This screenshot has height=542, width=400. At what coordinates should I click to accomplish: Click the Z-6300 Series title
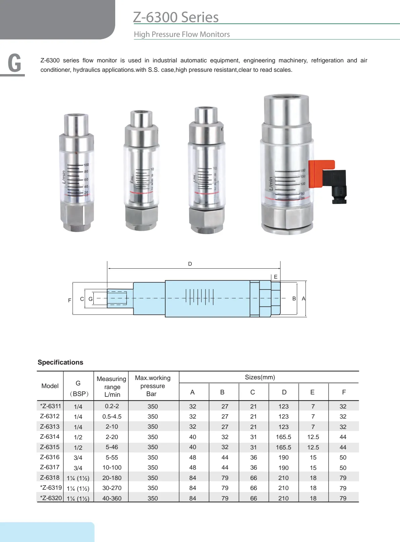pyautogui.click(x=176, y=17)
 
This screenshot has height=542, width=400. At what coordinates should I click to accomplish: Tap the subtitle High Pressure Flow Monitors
pyautogui.click(x=182, y=34)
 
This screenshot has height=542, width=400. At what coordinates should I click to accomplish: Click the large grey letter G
pyautogui.click(x=14, y=63)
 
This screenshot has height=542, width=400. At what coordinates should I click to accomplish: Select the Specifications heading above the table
pyautogui.click(x=60, y=362)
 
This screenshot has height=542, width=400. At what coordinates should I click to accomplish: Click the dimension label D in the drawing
pyautogui.click(x=190, y=264)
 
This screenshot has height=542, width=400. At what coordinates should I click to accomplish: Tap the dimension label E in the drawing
pyautogui.click(x=275, y=277)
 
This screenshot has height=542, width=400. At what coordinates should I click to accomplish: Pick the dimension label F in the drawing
pyautogui.click(x=70, y=300)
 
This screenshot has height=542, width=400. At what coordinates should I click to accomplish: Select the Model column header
pyautogui.click(x=50, y=386)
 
